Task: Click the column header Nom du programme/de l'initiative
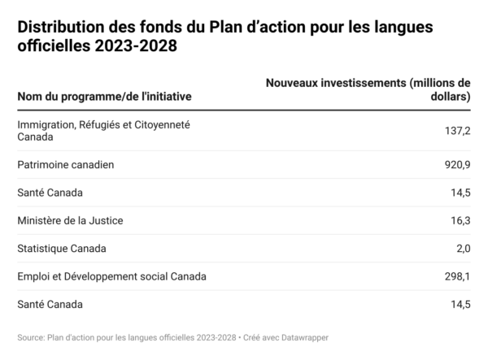[x=104, y=97]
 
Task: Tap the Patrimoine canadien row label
[x=65, y=165]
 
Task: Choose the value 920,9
[x=455, y=165]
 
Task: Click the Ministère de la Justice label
[x=70, y=220]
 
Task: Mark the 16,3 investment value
[x=459, y=220]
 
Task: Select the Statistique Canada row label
[x=61, y=248]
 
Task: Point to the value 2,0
[x=461, y=248]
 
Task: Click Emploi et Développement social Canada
[x=111, y=276]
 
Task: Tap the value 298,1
[x=455, y=276]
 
